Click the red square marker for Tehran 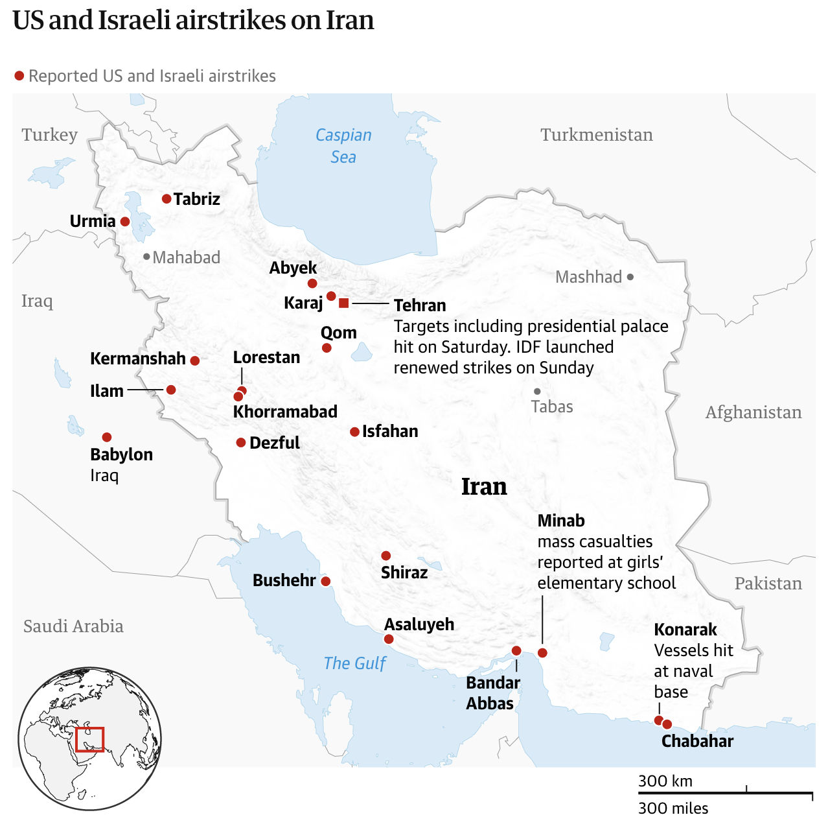point(344,303)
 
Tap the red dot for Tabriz point(167,199)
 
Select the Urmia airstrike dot point(125,222)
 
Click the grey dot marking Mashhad point(630,277)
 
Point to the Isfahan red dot point(354,432)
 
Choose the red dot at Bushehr point(326,582)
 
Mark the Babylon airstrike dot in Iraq point(107,437)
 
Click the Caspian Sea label point(343,146)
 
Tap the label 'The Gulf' point(354,663)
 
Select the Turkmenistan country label point(596,135)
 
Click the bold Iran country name point(484,486)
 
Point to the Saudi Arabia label point(73,626)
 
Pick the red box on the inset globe point(89,739)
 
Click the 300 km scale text point(665,781)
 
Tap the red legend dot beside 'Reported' point(19,76)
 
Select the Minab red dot point(542,653)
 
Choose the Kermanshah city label point(138,359)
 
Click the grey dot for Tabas point(537,392)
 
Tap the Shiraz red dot point(386,556)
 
